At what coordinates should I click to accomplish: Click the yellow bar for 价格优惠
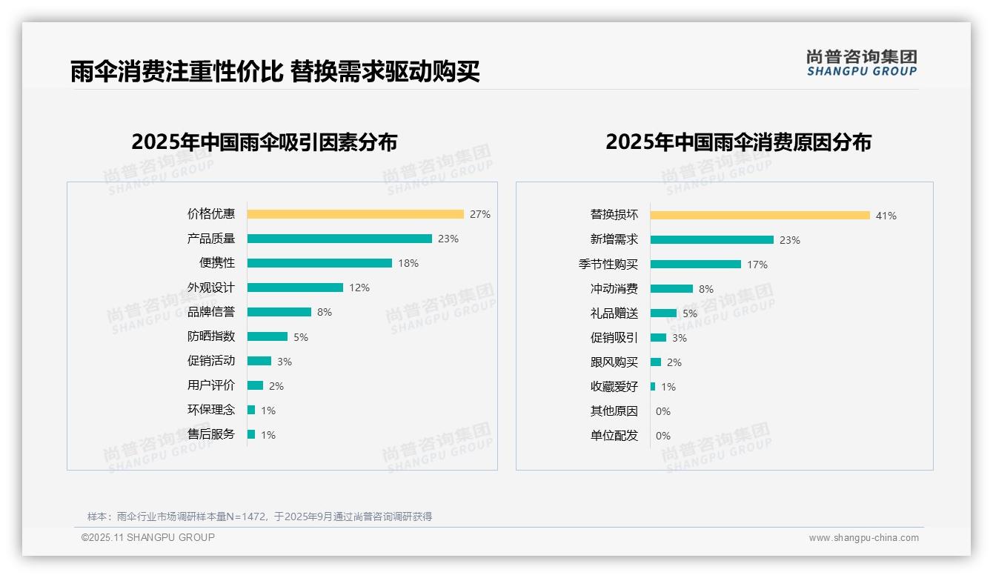355,214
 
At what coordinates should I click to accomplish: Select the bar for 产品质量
339,239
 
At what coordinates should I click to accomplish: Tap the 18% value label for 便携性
408,263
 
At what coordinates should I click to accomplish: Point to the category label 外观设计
211,288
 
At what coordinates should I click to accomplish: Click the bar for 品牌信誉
279,312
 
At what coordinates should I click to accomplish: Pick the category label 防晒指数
211,336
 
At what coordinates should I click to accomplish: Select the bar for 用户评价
256,385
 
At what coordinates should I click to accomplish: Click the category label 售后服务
211,434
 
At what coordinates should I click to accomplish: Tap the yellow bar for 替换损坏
760,216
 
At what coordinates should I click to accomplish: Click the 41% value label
886,216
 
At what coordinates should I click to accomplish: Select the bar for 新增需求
712,240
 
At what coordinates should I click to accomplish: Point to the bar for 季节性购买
696,265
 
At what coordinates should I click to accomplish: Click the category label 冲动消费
614,289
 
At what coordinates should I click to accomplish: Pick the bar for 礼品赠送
663,313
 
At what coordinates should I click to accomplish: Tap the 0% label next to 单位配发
663,436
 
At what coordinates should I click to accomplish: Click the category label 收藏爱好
614,387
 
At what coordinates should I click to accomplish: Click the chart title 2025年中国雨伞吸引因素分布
265,142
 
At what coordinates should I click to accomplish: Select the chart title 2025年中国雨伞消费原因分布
738,142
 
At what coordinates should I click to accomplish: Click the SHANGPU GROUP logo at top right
862,63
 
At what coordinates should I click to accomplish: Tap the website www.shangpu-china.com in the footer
863,538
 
